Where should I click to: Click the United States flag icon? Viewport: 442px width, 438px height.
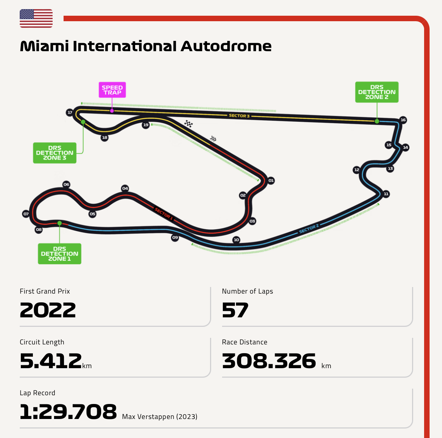click(36, 19)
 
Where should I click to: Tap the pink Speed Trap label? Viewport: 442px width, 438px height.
click(112, 90)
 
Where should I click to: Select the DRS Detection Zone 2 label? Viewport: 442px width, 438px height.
click(377, 92)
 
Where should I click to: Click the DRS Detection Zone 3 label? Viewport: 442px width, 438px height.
click(55, 153)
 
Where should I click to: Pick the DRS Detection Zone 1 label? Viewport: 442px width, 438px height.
click(60, 254)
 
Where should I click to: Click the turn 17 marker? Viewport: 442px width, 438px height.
click(69, 112)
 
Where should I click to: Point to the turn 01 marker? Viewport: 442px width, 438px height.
click(271, 181)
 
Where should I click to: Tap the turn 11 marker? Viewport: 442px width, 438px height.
click(386, 194)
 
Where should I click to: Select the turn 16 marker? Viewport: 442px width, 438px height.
click(403, 120)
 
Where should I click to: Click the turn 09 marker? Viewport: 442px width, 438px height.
click(175, 238)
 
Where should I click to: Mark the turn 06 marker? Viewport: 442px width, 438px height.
click(66, 185)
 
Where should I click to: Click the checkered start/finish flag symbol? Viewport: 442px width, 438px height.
click(188, 124)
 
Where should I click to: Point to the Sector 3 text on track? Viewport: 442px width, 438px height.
click(239, 116)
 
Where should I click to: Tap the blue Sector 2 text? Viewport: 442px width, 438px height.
click(309, 229)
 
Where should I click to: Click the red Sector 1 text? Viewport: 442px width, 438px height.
click(164, 214)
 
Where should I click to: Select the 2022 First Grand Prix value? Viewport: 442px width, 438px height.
click(48, 310)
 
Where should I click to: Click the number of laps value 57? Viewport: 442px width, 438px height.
click(235, 310)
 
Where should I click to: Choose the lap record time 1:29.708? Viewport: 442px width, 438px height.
click(68, 412)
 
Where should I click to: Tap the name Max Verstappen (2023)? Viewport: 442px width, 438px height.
click(160, 417)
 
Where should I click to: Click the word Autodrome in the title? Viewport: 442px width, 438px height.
click(226, 46)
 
